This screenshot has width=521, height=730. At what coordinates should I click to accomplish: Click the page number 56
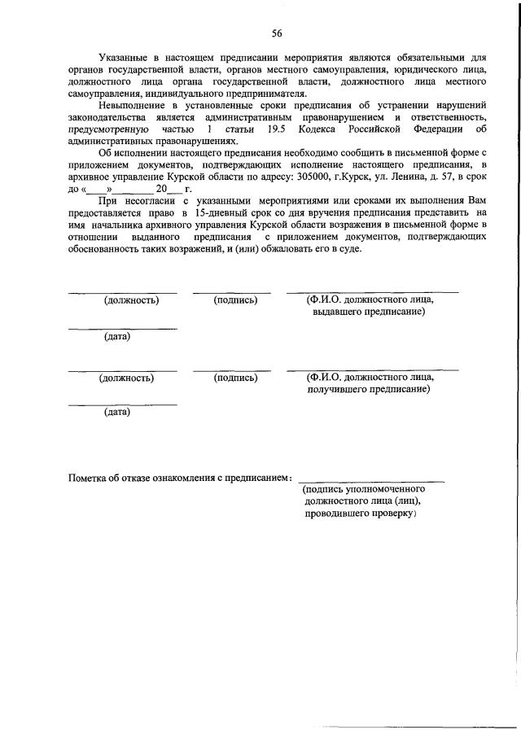point(277,33)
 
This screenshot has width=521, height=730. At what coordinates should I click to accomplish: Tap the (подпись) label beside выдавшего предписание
point(235,300)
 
